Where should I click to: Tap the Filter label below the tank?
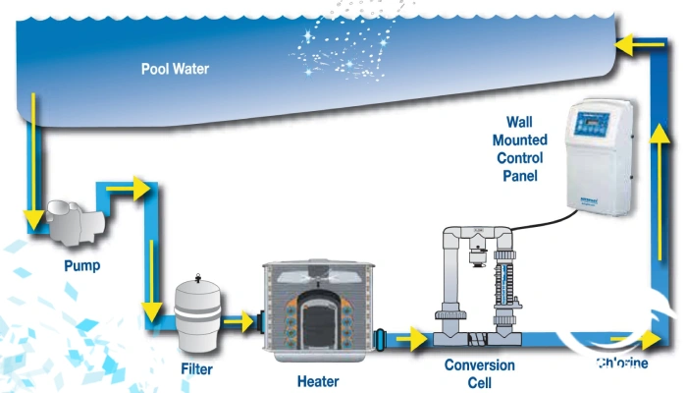click(196, 369)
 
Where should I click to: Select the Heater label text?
click(318, 380)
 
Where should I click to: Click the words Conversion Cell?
click(479, 372)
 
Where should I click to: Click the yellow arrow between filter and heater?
click(238, 318)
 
